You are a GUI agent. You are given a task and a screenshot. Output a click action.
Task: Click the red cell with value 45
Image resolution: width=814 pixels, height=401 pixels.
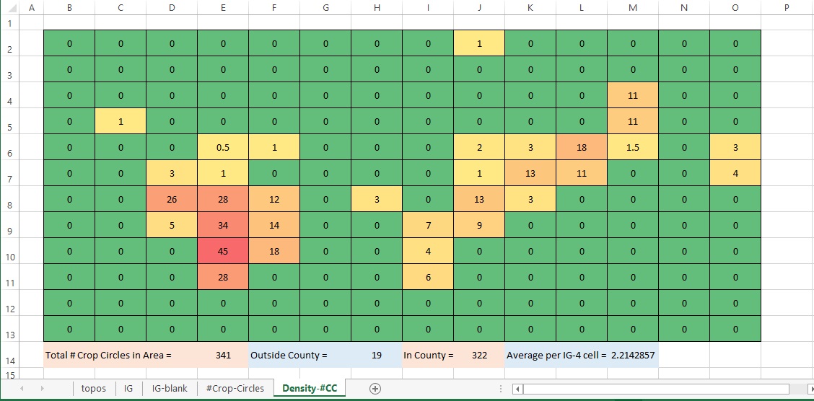(223, 251)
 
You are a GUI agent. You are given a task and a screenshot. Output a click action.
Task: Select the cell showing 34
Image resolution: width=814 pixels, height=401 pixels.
(223, 225)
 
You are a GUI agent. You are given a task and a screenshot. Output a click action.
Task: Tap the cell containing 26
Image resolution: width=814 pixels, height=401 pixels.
(172, 199)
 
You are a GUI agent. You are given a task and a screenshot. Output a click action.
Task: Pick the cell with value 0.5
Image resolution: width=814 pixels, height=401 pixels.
(223, 147)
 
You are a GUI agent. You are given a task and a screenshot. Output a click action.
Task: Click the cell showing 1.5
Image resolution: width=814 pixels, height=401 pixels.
(633, 147)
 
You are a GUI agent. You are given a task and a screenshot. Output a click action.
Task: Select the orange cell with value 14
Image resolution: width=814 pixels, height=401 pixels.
(274, 225)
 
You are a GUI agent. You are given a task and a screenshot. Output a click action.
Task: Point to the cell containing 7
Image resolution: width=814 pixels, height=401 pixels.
(428, 225)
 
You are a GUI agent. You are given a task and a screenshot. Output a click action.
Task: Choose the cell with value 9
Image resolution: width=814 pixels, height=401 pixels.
(479, 225)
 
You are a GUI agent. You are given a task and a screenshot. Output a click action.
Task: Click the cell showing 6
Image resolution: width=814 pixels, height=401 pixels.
(428, 277)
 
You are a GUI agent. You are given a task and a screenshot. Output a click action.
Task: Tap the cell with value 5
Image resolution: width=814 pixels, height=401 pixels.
(172, 225)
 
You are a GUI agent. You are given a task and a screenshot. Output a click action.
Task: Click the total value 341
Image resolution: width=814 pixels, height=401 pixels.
(223, 355)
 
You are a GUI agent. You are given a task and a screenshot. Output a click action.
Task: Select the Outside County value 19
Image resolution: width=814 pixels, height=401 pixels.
(377, 355)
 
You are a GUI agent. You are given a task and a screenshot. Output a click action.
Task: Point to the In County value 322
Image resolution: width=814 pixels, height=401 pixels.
(479, 355)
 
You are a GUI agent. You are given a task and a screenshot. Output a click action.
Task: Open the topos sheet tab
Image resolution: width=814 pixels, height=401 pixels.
(94, 388)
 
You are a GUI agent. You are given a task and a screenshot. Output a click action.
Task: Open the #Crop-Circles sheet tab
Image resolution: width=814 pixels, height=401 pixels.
(235, 388)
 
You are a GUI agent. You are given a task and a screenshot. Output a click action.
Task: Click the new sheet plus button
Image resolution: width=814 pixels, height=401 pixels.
(375, 388)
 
